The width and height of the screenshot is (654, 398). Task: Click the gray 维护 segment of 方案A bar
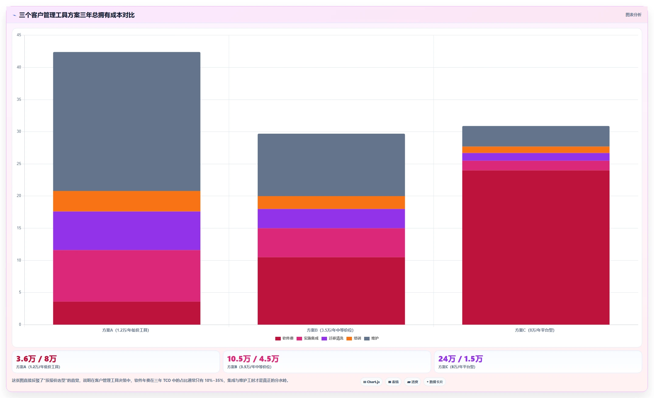(x=127, y=122)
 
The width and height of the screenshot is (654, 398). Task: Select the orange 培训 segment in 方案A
(x=127, y=201)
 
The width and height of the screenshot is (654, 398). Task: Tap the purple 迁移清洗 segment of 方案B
(x=331, y=219)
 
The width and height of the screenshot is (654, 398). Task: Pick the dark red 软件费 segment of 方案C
(x=536, y=248)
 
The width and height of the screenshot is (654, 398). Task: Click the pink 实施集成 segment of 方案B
(x=331, y=243)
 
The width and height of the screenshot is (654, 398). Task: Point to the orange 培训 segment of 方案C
(x=536, y=150)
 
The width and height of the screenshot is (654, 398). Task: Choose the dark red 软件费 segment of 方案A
(x=127, y=313)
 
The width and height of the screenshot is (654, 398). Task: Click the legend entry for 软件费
(x=284, y=338)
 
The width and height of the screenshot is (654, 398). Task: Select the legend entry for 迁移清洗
(x=332, y=338)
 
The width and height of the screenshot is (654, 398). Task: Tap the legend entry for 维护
(x=371, y=338)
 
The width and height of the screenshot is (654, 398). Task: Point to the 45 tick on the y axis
(x=19, y=35)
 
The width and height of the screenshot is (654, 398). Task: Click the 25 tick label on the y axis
(x=19, y=164)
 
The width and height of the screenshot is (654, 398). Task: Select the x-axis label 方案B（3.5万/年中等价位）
(x=330, y=330)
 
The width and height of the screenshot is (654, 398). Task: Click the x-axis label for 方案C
(x=535, y=330)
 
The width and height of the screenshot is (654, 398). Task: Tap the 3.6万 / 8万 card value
(x=37, y=359)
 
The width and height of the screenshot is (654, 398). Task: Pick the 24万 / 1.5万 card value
(x=461, y=359)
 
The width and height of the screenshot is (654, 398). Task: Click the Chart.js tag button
(x=371, y=382)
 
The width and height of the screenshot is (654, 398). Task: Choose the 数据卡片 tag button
(x=435, y=382)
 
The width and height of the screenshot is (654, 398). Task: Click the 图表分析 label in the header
(x=633, y=15)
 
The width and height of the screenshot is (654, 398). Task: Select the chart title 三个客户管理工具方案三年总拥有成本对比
(x=77, y=15)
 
